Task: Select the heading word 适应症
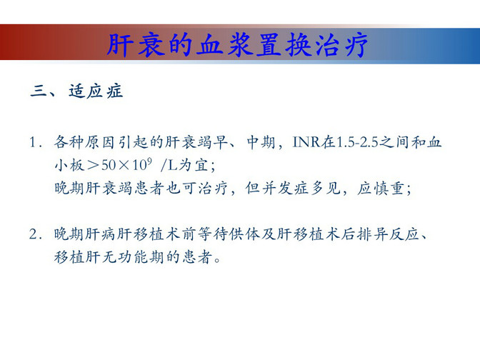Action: (x=96, y=91)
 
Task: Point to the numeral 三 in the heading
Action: (x=38, y=91)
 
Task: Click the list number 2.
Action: (x=34, y=234)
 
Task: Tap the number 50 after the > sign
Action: (x=109, y=165)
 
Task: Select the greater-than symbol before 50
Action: (x=93, y=166)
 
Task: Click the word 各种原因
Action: (x=84, y=142)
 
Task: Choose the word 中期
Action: (x=261, y=142)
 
